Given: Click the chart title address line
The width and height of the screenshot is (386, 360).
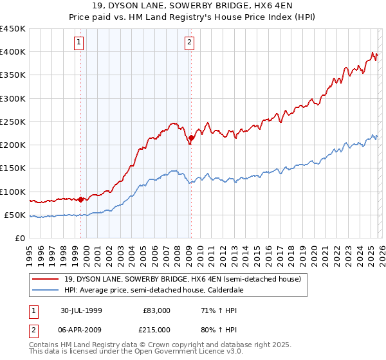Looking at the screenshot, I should (x=192, y=6).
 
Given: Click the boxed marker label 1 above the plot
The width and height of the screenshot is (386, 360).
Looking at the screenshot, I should (x=78, y=43).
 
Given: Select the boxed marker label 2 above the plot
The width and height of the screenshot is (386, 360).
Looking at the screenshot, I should (x=190, y=43).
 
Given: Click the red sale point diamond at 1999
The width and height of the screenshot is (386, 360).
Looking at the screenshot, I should (x=81, y=199).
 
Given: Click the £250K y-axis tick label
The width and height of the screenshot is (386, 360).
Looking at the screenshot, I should (x=13, y=122).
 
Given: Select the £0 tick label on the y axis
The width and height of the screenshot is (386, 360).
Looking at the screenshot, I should (x=19, y=238).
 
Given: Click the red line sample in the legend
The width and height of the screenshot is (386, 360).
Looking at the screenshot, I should (x=46, y=280).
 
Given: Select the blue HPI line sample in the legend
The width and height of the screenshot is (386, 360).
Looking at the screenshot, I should (x=46, y=291).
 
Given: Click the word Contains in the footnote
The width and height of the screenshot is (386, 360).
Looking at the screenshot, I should (x=44, y=346).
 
